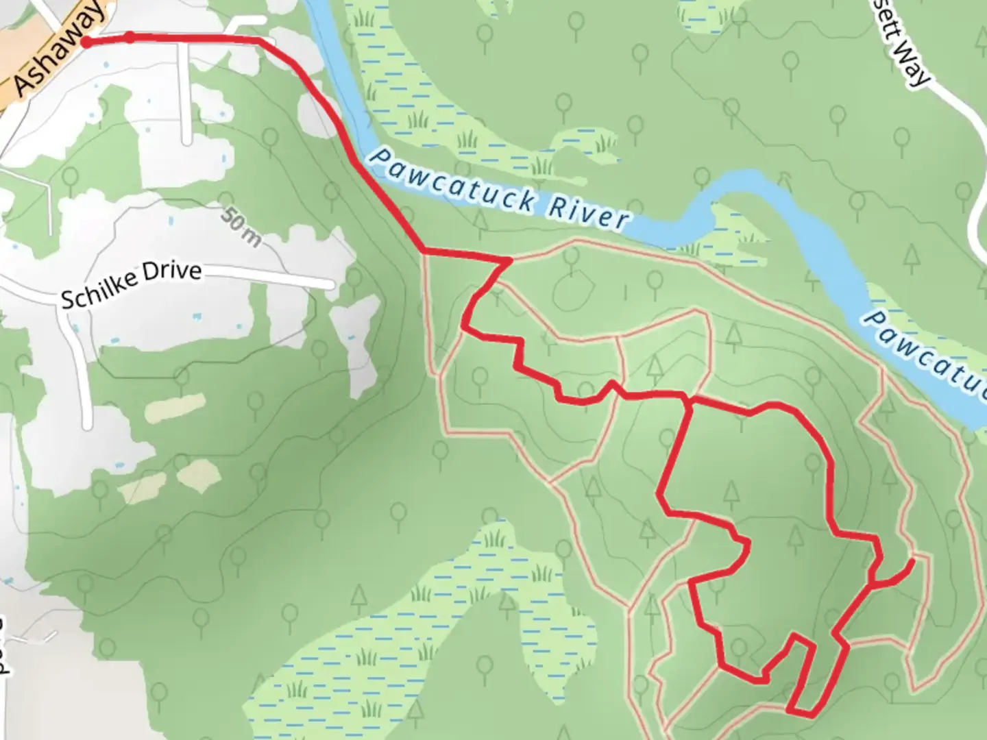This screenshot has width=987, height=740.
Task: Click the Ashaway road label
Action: point(60,48)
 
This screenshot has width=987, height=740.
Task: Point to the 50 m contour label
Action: point(241,227)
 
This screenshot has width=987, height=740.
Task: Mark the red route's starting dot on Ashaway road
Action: point(86,42)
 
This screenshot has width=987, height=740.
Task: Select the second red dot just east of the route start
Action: point(130,37)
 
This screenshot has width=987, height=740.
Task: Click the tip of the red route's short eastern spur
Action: point(912,561)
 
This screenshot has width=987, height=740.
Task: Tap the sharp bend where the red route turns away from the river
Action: point(421,251)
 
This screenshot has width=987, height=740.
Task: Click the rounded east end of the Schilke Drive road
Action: point(330,283)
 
